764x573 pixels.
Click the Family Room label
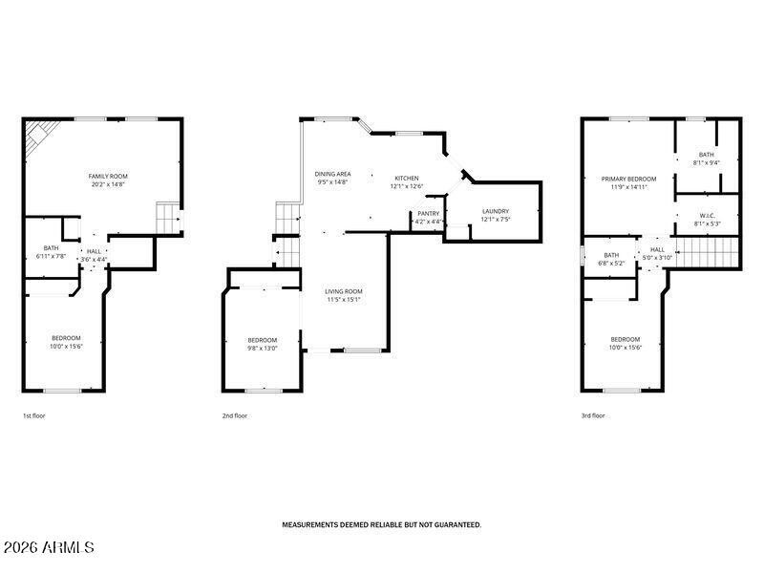(108, 176)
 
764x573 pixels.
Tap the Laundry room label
(495, 211)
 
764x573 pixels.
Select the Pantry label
(428, 213)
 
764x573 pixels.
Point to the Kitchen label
(407, 179)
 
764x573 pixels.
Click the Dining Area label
(332, 174)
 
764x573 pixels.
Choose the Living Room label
(344, 291)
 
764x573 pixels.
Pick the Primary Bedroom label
(628, 179)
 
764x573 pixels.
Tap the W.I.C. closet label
(707, 216)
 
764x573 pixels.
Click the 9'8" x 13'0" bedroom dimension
(262, 349)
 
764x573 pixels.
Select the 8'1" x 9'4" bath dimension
(707, 162)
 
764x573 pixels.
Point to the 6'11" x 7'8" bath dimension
(50, 256)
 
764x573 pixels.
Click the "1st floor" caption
(34, 416)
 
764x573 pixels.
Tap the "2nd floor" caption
(234, 416)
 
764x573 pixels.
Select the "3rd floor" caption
(593, 416)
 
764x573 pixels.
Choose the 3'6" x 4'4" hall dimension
(94, 259)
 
